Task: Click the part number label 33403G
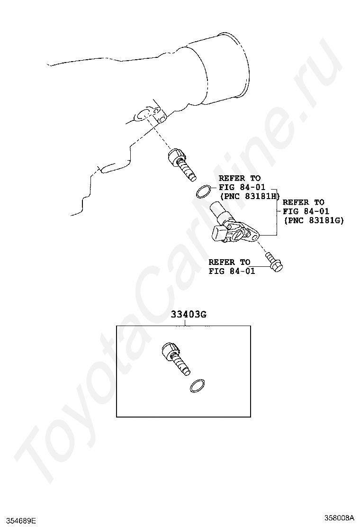click(x=189, y=315)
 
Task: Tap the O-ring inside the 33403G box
click(x=198, y=386)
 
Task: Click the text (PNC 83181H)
click(x=249, y=196)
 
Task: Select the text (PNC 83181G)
click(x=314, y=220)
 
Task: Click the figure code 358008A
click(x=339, y=517)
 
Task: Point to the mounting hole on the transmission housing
click(x=142, y=115)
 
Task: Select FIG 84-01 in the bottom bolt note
click(x=232, y=271)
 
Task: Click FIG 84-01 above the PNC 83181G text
click(x=306, y=211)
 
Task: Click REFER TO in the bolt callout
click(x=229, y=262)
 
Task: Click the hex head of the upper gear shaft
click(x=174, y=156)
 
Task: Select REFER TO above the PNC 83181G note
click(x=304, y=202)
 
